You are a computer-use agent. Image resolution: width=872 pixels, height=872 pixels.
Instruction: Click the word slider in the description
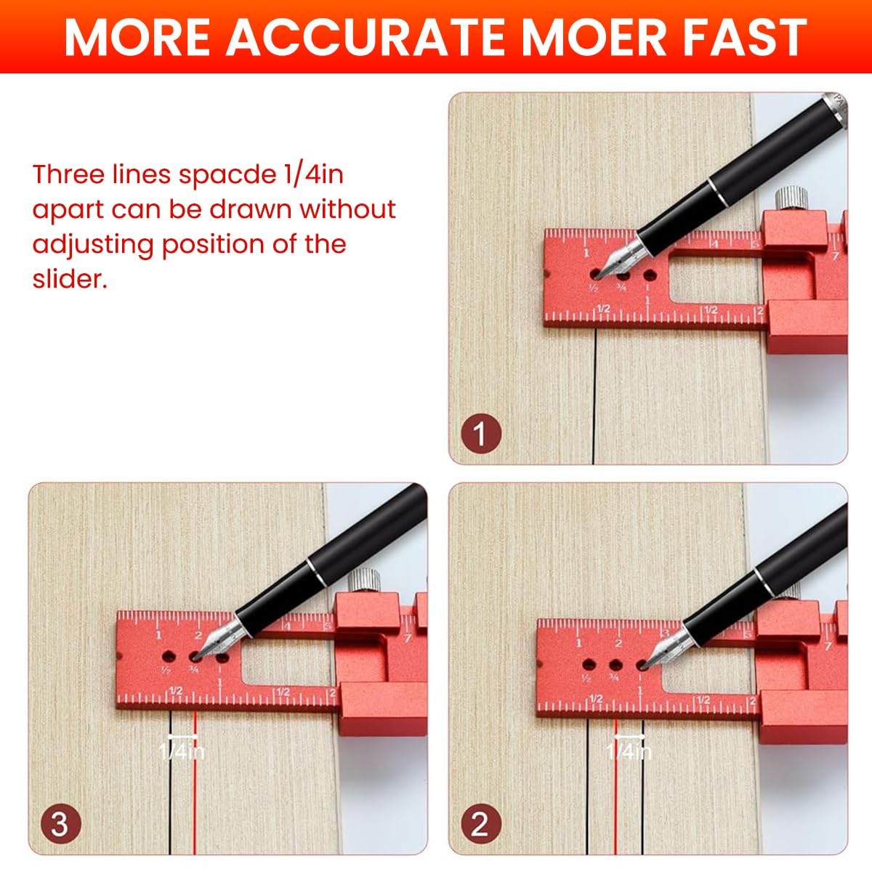click(x=69, y=278)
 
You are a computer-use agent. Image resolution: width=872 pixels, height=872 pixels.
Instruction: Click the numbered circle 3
click(x=60, y=825)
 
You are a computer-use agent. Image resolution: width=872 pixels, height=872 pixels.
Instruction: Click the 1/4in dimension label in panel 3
click(x=182, y=750)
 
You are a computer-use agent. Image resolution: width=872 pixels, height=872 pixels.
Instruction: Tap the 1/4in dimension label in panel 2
click(x=629, y=750)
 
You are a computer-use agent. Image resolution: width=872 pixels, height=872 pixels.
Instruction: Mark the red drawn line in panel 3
click(x=195, y=799)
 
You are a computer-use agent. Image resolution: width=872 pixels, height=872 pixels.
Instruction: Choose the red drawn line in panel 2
click(x=615, y=799)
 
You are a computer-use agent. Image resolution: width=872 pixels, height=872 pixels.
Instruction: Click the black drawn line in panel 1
click(x=594, y=400)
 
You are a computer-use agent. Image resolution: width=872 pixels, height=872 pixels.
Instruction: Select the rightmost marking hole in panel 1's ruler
click(x=649, y=276)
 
